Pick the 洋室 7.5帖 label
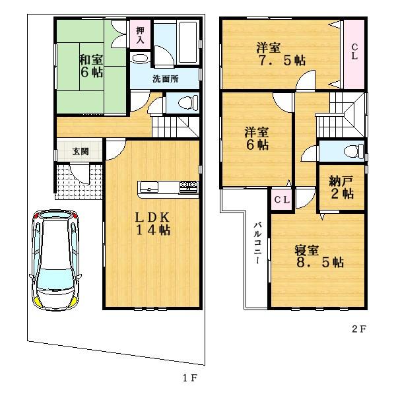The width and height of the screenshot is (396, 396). coord(280,53)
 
